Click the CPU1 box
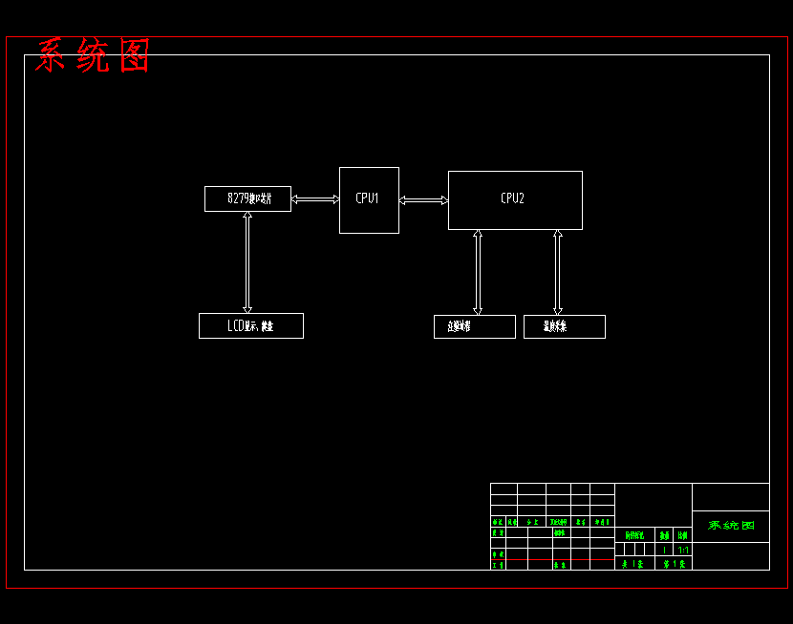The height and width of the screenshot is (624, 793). pos(369,200)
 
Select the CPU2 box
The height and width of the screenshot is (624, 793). pos(515,200)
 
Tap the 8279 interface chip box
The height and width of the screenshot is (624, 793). pos(247,198)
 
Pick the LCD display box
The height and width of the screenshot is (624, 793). pos(250,325)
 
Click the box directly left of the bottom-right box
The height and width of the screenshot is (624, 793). pos(474,326)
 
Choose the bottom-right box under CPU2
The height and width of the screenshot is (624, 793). pos(564,326)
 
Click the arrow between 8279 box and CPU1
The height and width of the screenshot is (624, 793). pos(315,199)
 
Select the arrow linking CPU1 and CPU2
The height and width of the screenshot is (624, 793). pos(423,200)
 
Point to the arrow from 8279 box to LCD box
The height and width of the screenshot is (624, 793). pos(247,262)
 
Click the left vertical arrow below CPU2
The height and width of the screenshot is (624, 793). pos(478,272)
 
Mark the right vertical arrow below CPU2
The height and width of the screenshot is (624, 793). pos(558,272)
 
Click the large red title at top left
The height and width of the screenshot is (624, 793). pos(93,56)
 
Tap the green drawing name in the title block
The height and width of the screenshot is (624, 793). pos(731,526)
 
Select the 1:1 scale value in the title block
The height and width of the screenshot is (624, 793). pos(683,550)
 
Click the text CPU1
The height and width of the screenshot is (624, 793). pos(368,198)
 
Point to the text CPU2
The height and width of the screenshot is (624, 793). pos(512,198)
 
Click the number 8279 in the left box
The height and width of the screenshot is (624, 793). pos(238,198)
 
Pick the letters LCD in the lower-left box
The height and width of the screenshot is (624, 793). pos(235,326)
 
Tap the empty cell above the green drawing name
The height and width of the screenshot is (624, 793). pos(730,496)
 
